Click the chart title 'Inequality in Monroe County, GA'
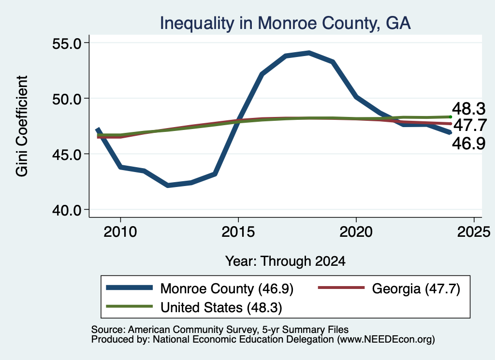pos(285,24)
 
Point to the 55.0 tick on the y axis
pos(67,43)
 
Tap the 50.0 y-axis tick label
pos(67,99)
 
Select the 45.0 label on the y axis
pos(67,155)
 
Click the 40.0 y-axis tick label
pos(67,210)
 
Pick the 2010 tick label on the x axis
pos(120,232)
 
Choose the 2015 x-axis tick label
pos(238,232)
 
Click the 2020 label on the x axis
pos(356,232)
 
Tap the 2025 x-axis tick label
pos(474,232)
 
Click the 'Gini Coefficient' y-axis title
pos(22,126)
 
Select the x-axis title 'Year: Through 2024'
pos(285,261)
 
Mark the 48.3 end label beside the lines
pos(468,109)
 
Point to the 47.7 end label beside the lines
pos(470,125)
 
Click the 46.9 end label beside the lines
pos(468,144)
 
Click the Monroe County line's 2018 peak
pos(309,53)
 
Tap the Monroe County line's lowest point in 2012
pos(168,185)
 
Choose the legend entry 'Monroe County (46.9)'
pos(200,288)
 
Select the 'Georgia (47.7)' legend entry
pos(389,288)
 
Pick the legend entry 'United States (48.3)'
pos(194,307)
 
